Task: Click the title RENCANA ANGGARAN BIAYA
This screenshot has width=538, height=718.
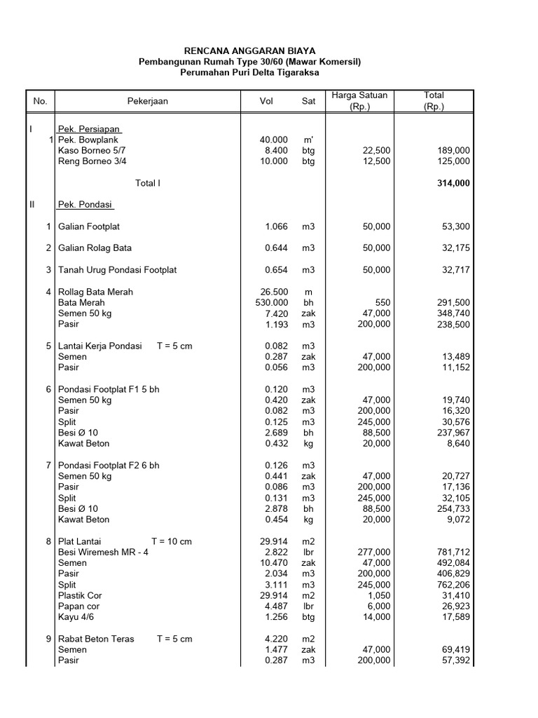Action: click(x=249, y=51)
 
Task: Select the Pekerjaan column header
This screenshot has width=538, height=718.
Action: click(x=147, y=102)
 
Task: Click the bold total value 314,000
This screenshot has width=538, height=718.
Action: click(x=453, y=183)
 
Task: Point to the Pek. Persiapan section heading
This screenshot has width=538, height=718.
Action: click(x=90, y=129)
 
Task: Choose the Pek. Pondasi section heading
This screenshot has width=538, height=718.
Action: click(x=86, y=205)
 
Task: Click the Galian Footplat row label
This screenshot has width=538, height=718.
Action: click(x=94, y=226)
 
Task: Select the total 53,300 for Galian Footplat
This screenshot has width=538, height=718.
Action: click(x=456, y=226)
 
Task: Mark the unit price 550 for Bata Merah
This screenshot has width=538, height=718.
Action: click(x=382, y=302)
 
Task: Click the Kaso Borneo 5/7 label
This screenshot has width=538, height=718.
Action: click(x=92, y=150)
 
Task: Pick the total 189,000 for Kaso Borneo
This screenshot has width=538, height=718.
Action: click(x=453, y=150)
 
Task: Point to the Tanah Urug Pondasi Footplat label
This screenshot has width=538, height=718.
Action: click(x=118, y=270)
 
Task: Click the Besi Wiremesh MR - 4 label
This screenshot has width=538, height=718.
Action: click(x=103, y=552)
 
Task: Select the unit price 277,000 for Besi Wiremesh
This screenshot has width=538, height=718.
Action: click(x=373, y=552)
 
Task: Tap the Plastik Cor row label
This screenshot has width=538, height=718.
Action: click(x=80, y=595)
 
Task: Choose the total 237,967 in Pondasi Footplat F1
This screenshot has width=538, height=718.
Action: click(x=453, y=433)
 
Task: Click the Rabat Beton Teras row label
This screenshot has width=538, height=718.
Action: click(x=97, y=639)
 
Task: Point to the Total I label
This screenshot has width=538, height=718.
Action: click(x=148, y=183)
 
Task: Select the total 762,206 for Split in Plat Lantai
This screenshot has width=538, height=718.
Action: click(x=453, y=584)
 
